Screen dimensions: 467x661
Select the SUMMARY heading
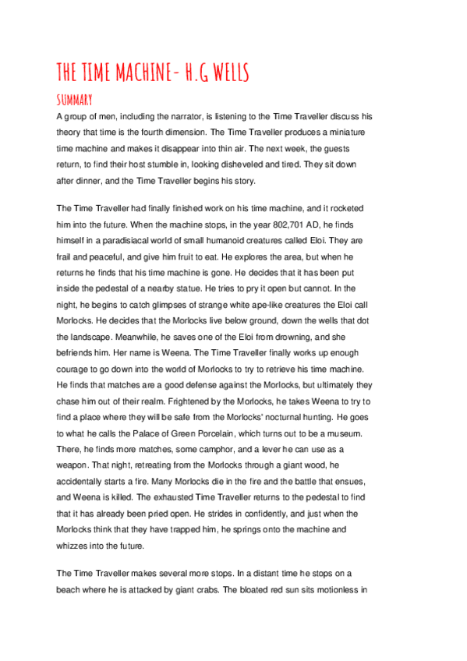click(x=75, y=100)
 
